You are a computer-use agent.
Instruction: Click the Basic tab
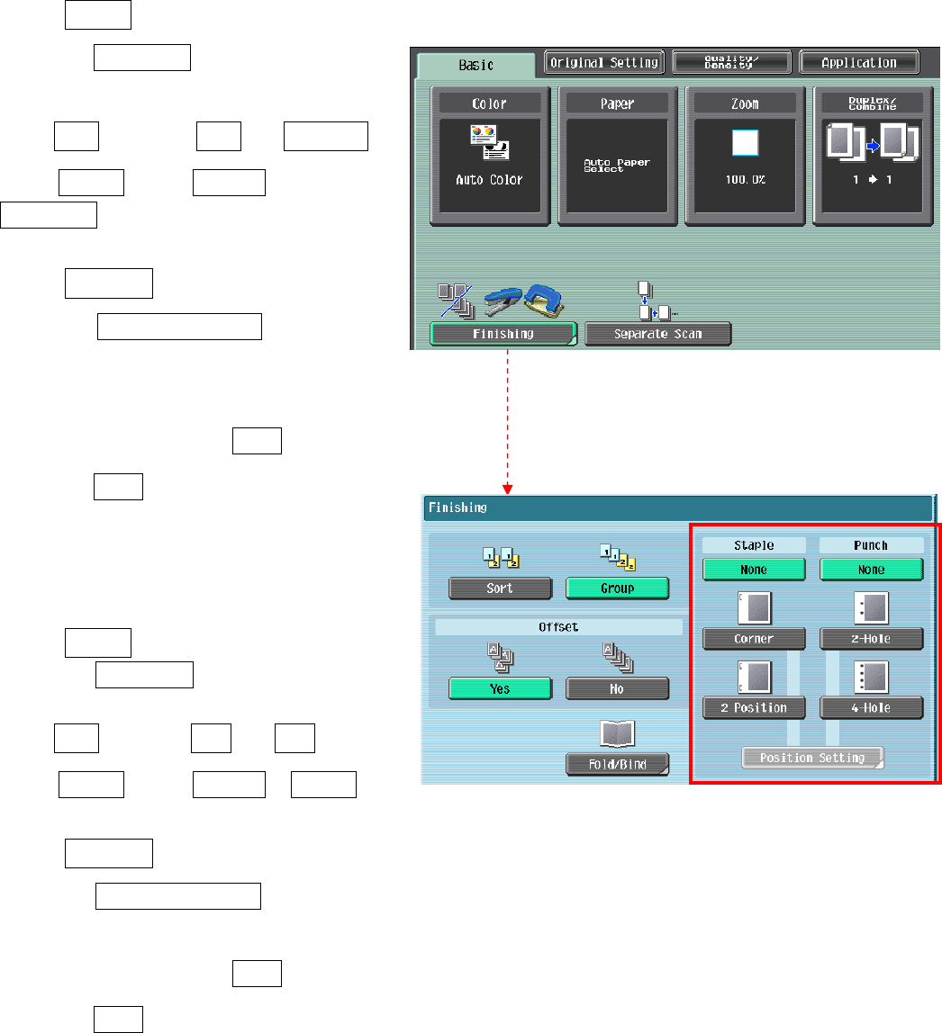(x=476, y=65)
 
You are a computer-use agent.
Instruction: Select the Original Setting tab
(x=605, y=62)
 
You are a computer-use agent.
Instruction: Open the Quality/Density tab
(x=731, y=62)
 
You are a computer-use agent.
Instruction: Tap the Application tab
(x=858, y=62)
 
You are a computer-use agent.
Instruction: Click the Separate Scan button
(x=657, y=334)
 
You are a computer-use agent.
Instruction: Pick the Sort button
(x=500, y=588)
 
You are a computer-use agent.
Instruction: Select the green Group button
(x=617, y=588)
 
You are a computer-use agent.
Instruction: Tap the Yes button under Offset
(x=500, y=688)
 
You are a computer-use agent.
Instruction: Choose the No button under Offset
(x=617, y=688)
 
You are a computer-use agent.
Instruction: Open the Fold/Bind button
(x=617, y=764)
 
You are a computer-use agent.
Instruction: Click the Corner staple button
(x=754, y=639)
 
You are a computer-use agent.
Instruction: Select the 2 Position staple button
(x=754, y=707)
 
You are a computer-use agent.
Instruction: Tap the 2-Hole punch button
(x=871, y=639)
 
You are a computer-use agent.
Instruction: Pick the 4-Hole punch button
(x=871, y=707)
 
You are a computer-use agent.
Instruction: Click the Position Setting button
(x=812, y=758)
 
